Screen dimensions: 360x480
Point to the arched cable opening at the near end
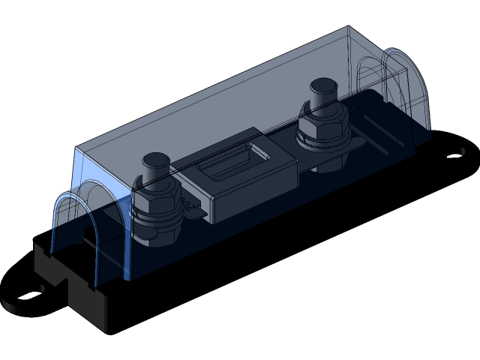coord(75,225)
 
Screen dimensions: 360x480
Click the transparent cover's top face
coord(225,90)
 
